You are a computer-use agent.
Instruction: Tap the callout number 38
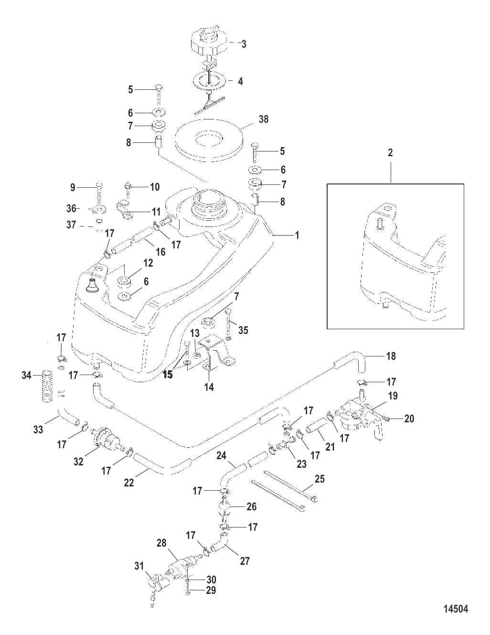pos(263,119)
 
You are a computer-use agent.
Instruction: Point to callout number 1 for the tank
pos(297,236)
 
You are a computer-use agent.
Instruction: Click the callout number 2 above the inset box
pos(390,153)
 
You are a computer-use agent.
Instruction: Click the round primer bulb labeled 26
pos(225,509)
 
